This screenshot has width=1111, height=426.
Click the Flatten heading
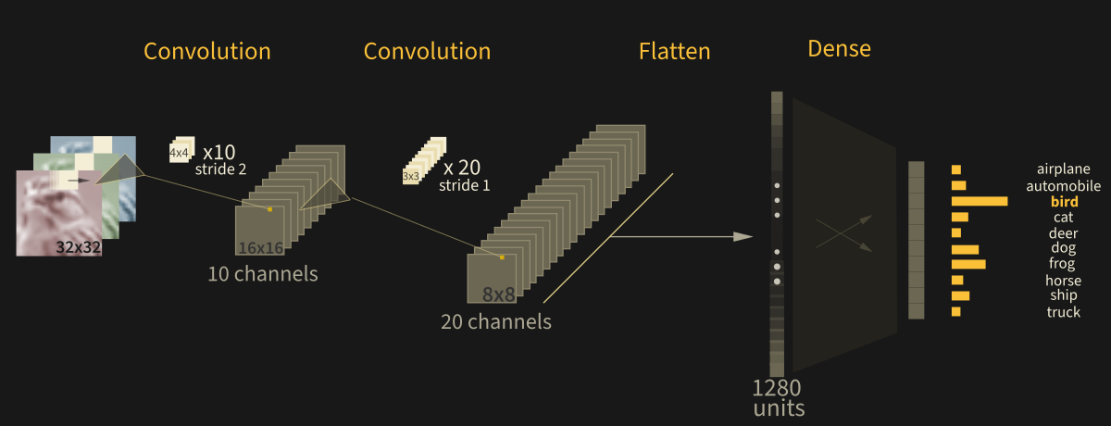point(674,52)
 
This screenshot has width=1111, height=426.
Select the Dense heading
point(839,49)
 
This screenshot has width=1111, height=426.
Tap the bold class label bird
point(1064,201)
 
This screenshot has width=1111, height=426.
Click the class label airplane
point(1063,169)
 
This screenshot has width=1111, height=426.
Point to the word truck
point(1064,312)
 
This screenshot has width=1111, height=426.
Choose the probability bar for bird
point(980,201)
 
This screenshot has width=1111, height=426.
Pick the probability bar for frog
point(968,264)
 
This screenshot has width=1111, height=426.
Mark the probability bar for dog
point(965,249)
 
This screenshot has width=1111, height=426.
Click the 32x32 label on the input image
point(78,247)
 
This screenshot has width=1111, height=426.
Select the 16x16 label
point(260,247)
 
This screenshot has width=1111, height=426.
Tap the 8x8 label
point(498,295)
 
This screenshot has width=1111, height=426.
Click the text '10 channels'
point(262,274)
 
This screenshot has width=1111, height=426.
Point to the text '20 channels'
point(495,322)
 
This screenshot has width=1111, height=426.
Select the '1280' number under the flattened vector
point(777,387)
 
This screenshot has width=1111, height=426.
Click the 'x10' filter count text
point(218,152)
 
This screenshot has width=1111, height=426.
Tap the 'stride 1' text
point(465,185)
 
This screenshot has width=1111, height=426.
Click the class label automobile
point(1063,186)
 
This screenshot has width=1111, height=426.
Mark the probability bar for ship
point(960,295)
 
